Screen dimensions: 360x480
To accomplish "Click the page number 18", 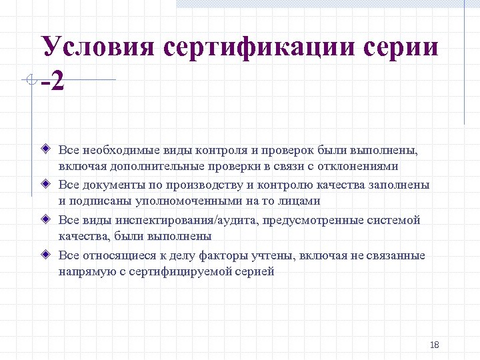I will [x=435, y=345].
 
